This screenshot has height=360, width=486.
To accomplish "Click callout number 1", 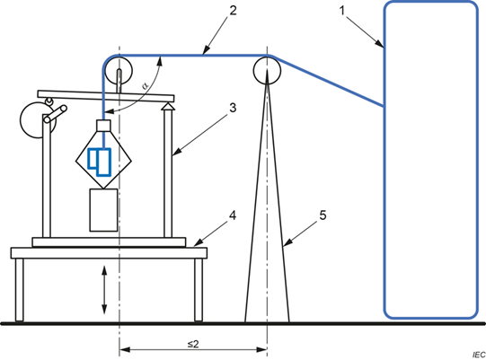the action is [x=342, y=11].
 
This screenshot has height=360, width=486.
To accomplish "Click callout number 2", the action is [x=233, y=11].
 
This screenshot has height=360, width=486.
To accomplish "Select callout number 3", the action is [x=233, y=108].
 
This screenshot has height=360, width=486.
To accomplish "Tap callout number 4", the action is [x=233, y=215].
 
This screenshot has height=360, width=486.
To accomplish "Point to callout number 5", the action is [x=323, y=215].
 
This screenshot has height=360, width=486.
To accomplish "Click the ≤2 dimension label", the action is [x=193, y=344].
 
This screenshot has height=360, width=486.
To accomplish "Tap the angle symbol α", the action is [x=146, y=84].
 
